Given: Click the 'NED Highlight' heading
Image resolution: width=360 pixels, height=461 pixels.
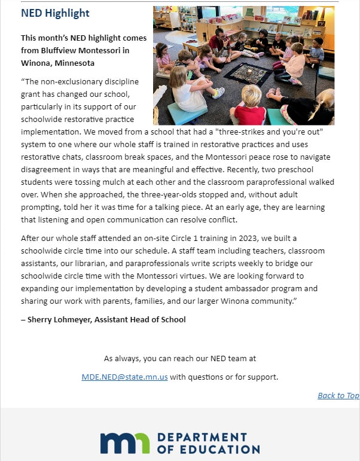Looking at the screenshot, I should pos(55,13).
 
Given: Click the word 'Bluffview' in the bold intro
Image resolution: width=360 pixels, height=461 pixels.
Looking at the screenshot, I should pos(63,50).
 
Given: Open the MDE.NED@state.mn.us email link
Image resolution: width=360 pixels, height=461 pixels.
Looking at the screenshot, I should pos(124,377).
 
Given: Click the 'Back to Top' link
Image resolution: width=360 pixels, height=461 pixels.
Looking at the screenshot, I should pos(338,395).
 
